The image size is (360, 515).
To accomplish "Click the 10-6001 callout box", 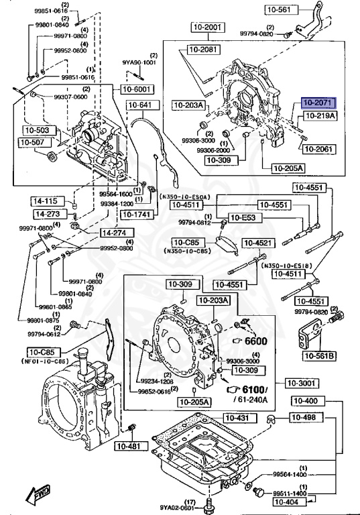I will pos(136,89).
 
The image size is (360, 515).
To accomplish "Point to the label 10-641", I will pos(140,105).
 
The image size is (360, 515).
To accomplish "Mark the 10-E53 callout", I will pos(241,217).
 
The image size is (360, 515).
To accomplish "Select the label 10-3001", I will pos(300,383).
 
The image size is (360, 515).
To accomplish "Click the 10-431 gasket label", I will pos(237,418).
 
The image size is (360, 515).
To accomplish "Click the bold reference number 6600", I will pos(255,341).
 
